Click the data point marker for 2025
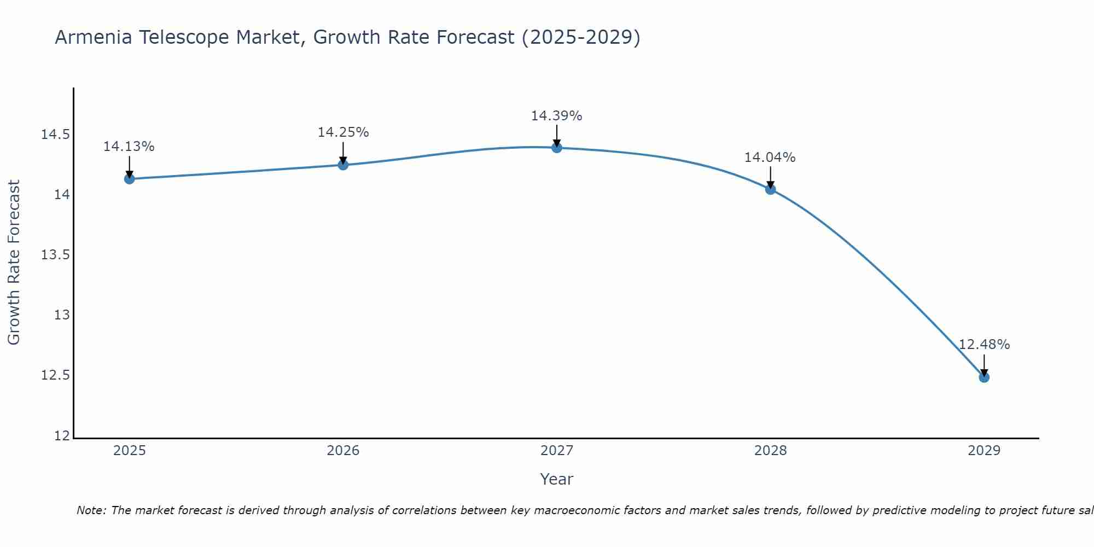tap(130, 179)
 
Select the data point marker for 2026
tap(343, 165)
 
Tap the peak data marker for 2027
tap(557, 148)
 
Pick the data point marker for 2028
tap(770, 189)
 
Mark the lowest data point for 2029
tap(984, 377)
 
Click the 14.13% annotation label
tap(129, 147)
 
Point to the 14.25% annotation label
tap(343, 132)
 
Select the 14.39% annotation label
tap(556, 116)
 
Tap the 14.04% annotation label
tap(770, 158)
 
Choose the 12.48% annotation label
tap(984, 345)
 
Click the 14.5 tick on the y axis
tap(56, 135)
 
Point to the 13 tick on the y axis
tap(62, 315)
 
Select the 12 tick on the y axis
tap(62, 436)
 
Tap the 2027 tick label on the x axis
tap(557, 451)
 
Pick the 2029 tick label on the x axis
tap(984, 451)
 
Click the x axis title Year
tap(556, 479)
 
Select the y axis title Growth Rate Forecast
tap(14, 262)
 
